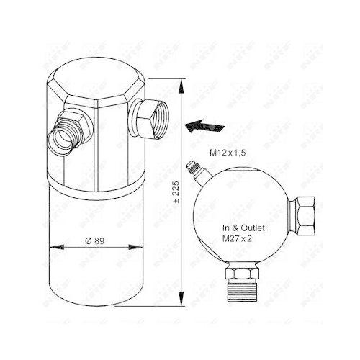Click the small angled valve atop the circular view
[196, 171]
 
